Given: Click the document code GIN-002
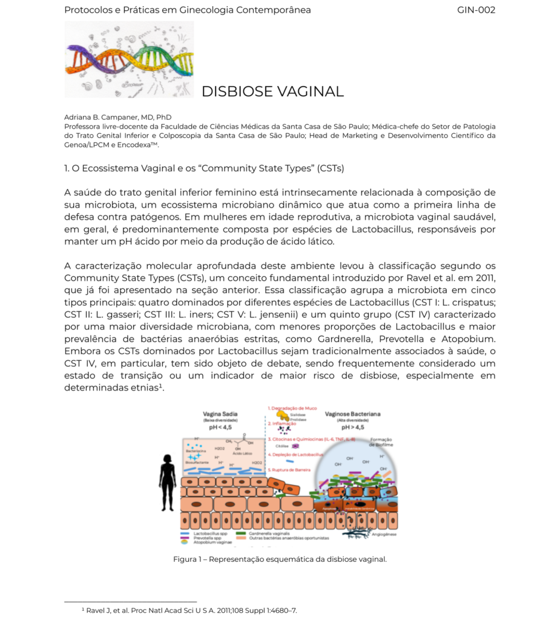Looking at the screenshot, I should [x=476, y=10].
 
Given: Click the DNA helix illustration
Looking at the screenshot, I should [x=129, y=59].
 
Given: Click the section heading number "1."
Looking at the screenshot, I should [x=68, y=168].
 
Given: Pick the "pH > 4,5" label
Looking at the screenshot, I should [x=353, y=427].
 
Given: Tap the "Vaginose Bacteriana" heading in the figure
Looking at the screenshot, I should [x=353, y=414].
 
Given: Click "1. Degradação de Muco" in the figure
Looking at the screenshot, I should [x=292, y=408].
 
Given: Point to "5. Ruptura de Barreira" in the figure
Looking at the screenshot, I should [x=289, y=469].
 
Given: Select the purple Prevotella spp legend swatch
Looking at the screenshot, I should [x=185, y=538].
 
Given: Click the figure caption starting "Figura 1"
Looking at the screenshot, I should [x=280, y=559].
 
